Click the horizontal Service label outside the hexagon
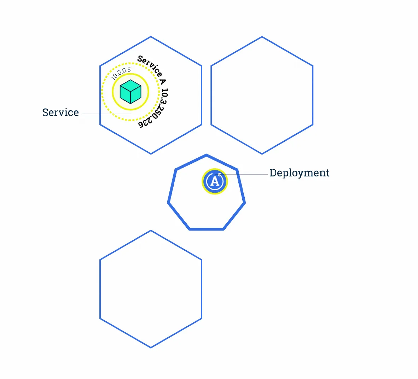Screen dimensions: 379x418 click(60, 112)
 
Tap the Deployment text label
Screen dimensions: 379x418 click(299, 173)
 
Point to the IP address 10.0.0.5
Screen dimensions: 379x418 click(121, 73)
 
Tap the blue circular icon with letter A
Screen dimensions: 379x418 click(215, 181)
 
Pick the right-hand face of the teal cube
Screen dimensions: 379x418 click(136, 95)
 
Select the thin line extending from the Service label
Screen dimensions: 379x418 click(106, 114)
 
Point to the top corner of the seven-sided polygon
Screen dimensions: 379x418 click(206, 155)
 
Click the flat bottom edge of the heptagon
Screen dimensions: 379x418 click(207, 229)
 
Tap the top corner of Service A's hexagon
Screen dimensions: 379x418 click(151, 36)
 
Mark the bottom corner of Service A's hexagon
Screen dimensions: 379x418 click(151, 154)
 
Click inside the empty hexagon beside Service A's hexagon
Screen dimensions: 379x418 click(262, 95)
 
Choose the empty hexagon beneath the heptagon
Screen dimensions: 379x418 click(151, 289)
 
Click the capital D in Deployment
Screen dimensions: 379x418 click(273, 173)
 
